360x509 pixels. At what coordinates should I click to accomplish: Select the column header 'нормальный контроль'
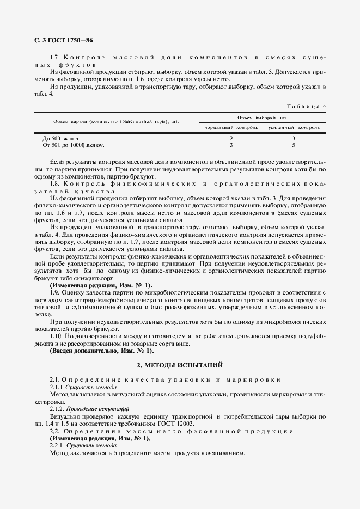[x=231, y=127]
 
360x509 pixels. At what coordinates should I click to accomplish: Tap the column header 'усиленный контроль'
[x=294, y=127]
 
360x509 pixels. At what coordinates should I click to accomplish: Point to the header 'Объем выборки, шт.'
[x=263, y=117]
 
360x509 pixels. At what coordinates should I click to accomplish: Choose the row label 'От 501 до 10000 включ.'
[x=74, y=145]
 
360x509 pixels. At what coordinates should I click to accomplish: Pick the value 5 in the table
[x=294, y=145]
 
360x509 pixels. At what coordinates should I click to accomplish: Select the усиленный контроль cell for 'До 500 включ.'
[x=294, y=138]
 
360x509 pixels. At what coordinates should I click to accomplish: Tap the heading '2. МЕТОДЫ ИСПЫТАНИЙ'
[x=180, y=364]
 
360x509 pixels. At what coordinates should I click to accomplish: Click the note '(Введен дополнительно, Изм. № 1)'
[x=101, y=351]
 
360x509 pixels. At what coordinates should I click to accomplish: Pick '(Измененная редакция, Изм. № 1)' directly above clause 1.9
[x=101, y=285]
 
